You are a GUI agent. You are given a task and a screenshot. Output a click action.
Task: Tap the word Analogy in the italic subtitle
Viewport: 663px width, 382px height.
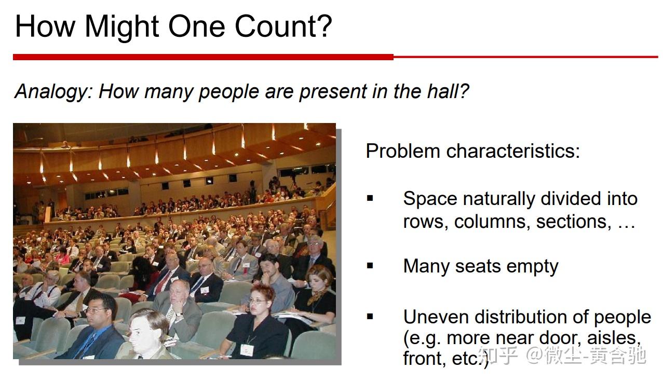point(52,91)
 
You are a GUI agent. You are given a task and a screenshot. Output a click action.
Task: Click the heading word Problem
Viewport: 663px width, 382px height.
point(403,151)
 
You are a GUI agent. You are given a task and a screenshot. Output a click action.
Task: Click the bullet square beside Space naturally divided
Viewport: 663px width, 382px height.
point(370,198)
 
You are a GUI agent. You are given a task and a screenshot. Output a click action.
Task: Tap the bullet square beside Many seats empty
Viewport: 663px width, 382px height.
point(370,266)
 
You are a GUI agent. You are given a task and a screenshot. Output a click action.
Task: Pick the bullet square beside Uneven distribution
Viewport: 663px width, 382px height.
point(370,316)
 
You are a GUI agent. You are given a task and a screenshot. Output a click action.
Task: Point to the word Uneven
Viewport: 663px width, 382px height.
point(436,317)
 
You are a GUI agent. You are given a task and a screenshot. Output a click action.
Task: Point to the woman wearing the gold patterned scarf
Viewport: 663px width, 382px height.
point(316,291)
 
